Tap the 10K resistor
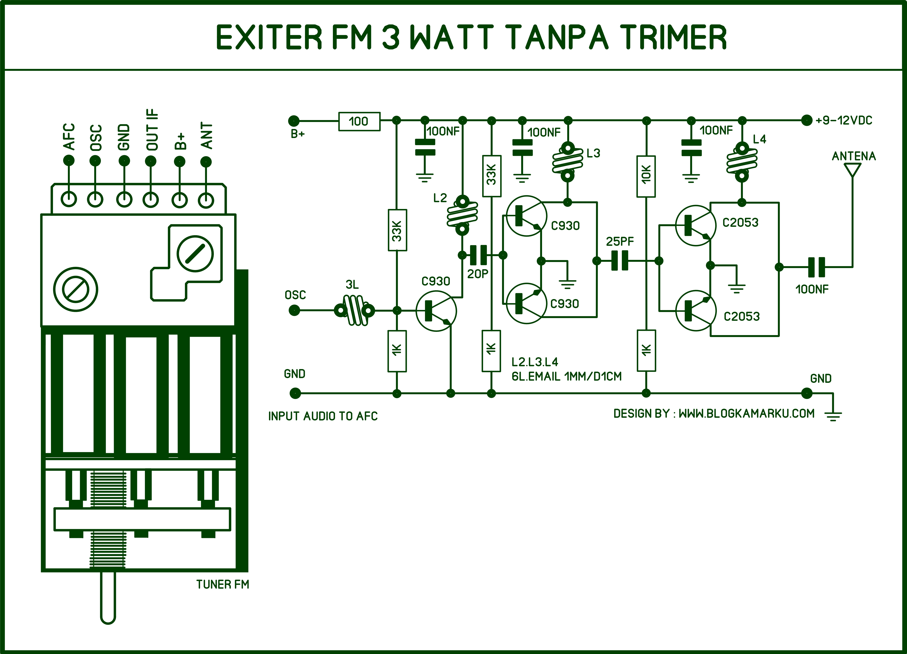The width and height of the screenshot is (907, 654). click(646, 176)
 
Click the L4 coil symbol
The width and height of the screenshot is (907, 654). click(742, 162)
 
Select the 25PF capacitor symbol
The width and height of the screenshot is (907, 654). click(620, 261)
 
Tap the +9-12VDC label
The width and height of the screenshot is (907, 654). click(844, 120)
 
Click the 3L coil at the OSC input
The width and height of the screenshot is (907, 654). click(354, 310)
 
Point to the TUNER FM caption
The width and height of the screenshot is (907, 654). click(222, 585)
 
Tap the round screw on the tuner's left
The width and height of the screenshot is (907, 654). click(76, 289)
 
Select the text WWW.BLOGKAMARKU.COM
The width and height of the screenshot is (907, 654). click(746, 413)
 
